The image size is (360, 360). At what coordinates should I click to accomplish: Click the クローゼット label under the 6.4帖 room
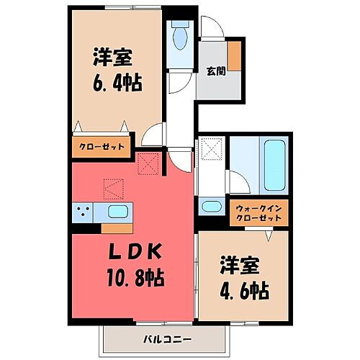[101, 147]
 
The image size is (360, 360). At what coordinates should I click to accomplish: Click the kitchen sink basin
[117, 211]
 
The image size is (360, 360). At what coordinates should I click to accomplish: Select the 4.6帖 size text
[245, 291]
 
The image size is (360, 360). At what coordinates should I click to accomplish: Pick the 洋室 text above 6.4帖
[112, 55]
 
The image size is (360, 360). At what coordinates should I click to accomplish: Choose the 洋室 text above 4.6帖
[240, 266]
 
